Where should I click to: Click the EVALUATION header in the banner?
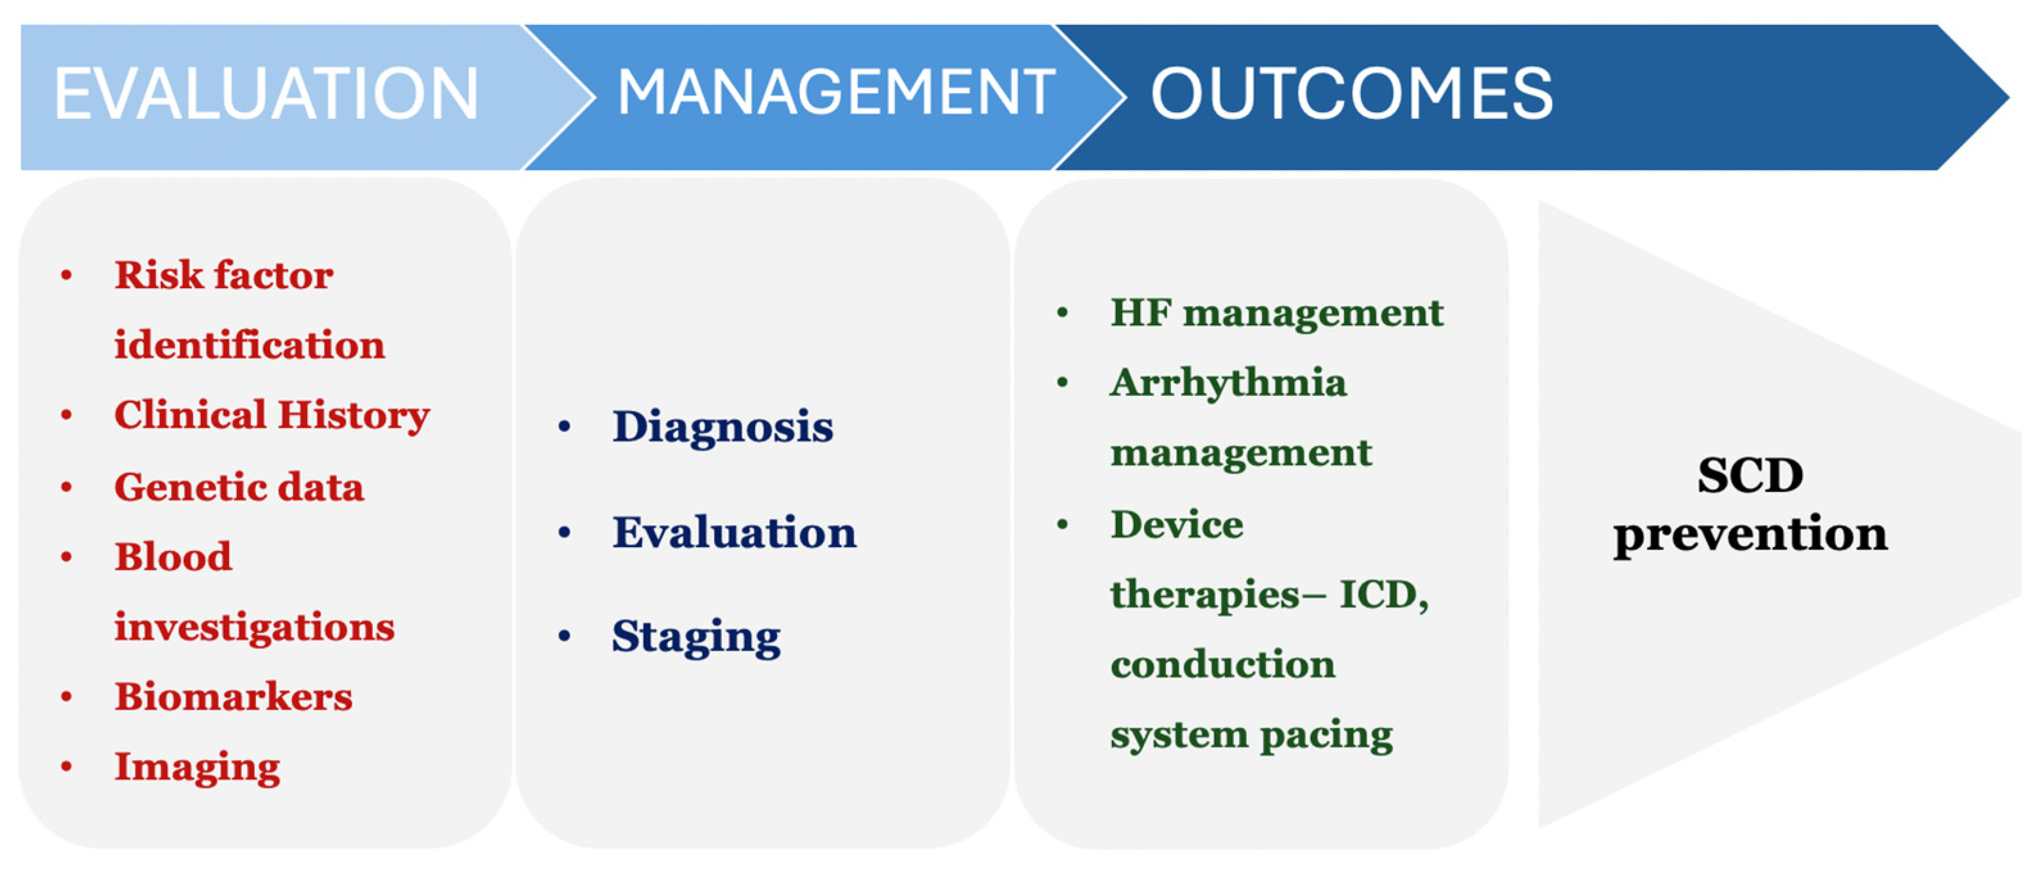[266, 94]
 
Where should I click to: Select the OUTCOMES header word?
[1351, 94]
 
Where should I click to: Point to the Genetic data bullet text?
[239, 486]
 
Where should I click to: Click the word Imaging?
[197, 768]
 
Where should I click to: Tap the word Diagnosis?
[722, 428]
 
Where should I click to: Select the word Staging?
[696, 637]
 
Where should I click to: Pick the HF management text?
[1277, 312]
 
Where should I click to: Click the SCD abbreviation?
[1750, 476]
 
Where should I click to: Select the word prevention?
[1750, 534]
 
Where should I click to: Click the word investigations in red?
[254, 627]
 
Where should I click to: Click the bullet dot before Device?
[1062, 524]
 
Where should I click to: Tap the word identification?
[249, 345]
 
